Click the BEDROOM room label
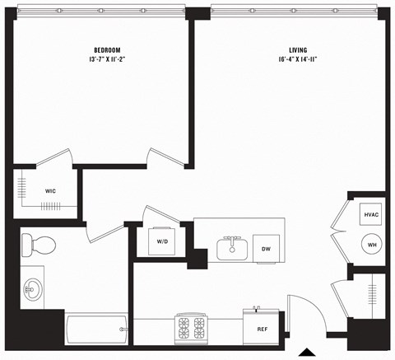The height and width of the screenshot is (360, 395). (x=106, y=50)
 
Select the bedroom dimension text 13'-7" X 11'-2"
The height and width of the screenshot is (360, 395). (x=106, y=60)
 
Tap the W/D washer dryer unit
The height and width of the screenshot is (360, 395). (x=163, y=241)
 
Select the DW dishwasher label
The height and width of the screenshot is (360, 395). (x=266, y=248)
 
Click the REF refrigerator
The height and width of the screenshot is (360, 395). (x=262, y=328)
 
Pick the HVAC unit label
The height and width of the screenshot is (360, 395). (x=370, y=215)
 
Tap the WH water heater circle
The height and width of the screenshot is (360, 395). (x=371, y=245)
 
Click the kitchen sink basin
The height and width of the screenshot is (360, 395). (x=233, y=248)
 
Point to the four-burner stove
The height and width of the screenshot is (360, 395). (x=193, y=329)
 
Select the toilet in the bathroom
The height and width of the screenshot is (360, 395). (x=39, y=244)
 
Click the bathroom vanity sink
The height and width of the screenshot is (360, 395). (x=34, y=288)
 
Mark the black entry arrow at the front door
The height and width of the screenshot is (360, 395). (x=306, y=353)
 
